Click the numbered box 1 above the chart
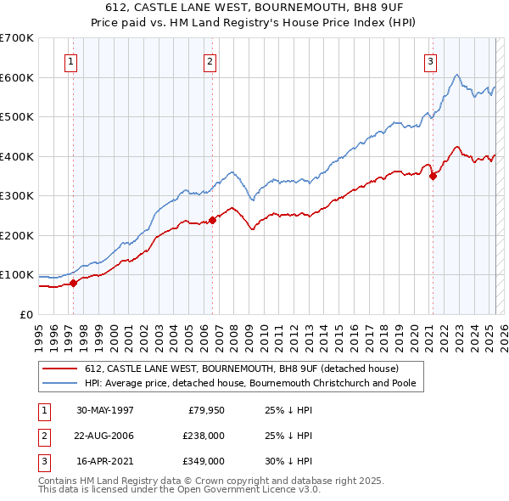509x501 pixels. tap(70, 60)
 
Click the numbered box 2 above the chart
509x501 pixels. tap(210, 60)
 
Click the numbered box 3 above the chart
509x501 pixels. tap(430, 60)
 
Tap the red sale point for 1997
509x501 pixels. tap(73, 283)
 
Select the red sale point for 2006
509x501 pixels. tap(212, 220)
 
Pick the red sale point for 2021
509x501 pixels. tap(433, 177)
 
